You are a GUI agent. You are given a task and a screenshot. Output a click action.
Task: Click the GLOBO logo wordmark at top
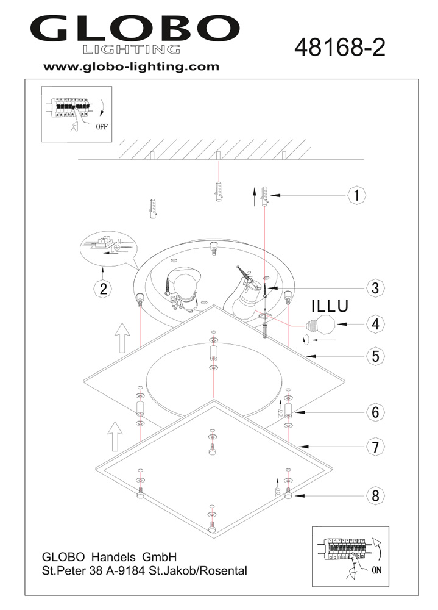pyautogui.click(x=135, y=27)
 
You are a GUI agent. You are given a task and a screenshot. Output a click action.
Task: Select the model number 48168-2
pyautogui.click(x=339, y=46)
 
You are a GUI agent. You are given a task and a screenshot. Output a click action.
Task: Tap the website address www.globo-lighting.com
pyautogui.click(x=131, y=67)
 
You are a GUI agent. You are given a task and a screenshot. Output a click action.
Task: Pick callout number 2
pyautogui.click(x=104, y=289)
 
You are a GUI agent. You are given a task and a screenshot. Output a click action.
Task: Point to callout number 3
pyautogui.click(x=375, y=288)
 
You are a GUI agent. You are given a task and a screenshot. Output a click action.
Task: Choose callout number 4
pyautogui.click(x=375, y=325)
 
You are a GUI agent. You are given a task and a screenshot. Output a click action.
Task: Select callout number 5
pyautogui.click(x=376, y=356)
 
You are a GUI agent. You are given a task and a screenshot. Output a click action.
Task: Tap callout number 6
pyautogui.click(x=376, y=413)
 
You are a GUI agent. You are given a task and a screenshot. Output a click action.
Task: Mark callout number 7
pyautogui.click(x=376, y=447)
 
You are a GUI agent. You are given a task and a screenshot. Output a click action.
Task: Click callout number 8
pyautogui.click(x=376, y=495)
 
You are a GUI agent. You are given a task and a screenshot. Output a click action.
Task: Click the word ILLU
pyautogui.click(x=331, y=304)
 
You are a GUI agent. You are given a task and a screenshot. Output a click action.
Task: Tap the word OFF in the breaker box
pyautogui.click(x=102, y=128)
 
